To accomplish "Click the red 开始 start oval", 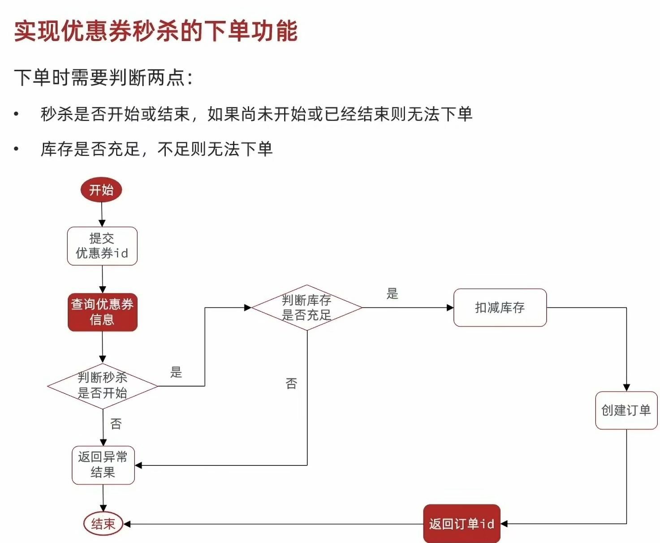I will pos(101,190).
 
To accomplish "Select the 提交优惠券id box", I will pos(102,246).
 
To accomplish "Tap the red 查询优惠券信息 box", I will pos(103,312).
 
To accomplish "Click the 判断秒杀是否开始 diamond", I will pos(103,386).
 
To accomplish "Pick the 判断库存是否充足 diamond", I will pos(307,308).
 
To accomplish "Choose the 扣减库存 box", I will pos(500,308).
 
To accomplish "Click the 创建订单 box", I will pos(626,410).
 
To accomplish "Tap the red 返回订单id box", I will pos(462,524).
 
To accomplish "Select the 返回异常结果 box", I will pos(103,465).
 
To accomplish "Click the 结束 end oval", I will pos(103,523).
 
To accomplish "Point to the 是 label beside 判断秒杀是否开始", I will pos(176,372).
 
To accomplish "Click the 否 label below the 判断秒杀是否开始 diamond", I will pos(116,424).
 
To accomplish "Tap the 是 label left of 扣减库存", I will pos(393,294).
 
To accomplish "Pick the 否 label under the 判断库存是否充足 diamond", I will pos(291,384).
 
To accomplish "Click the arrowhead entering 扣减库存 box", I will pos(450,308).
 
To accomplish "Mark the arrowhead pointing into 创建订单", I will pos(626,388).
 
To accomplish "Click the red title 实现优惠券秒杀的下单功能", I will pos(156,31).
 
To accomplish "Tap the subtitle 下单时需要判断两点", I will pos(103,78).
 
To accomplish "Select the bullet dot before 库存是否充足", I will pos(16,149).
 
